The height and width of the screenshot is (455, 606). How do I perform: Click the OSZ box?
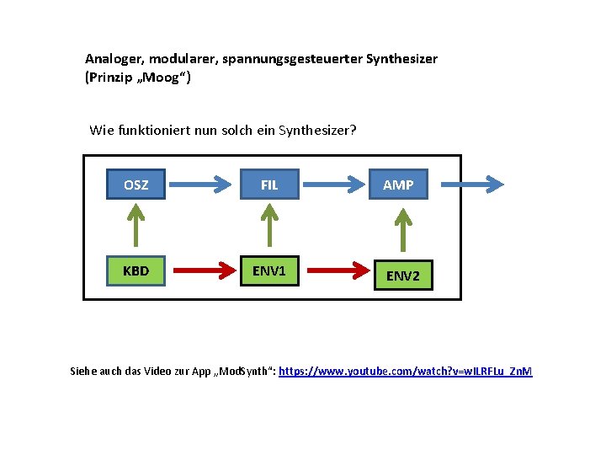136,185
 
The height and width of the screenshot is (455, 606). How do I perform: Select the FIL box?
269,185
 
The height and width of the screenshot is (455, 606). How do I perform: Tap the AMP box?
398,185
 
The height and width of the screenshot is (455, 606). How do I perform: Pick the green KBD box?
136,270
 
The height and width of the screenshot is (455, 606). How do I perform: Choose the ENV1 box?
269,270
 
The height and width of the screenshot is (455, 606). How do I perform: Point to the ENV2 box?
403,276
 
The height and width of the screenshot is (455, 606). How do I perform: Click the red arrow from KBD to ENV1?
201,270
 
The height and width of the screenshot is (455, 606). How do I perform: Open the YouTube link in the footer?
406,372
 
